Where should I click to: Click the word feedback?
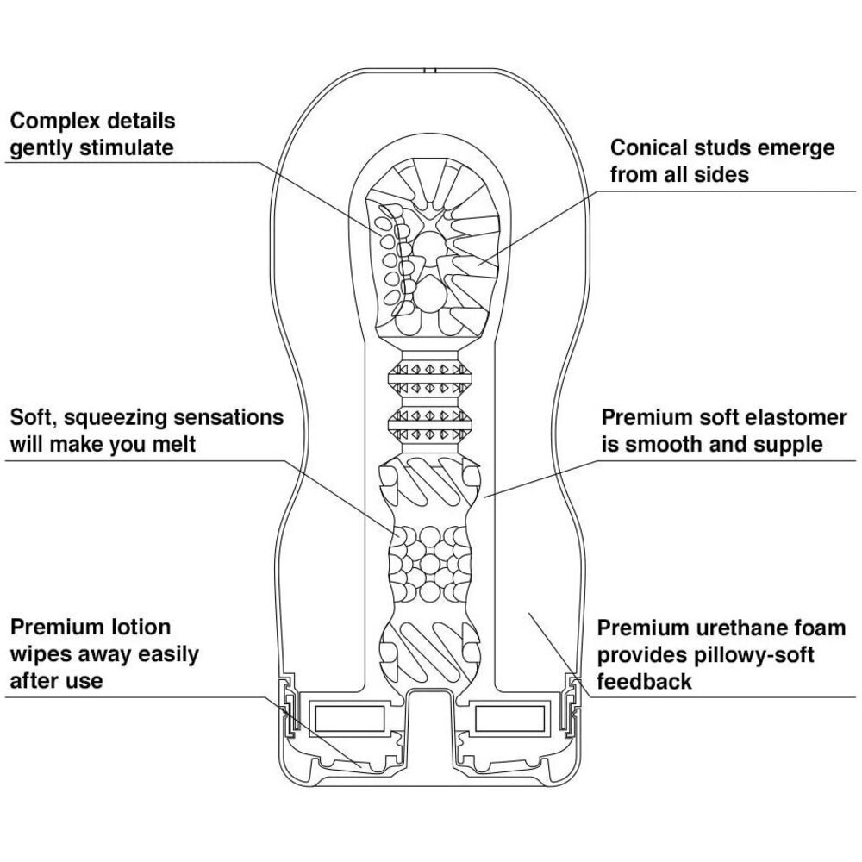[x=645, y=682]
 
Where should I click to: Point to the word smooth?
[x=657, y=446]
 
